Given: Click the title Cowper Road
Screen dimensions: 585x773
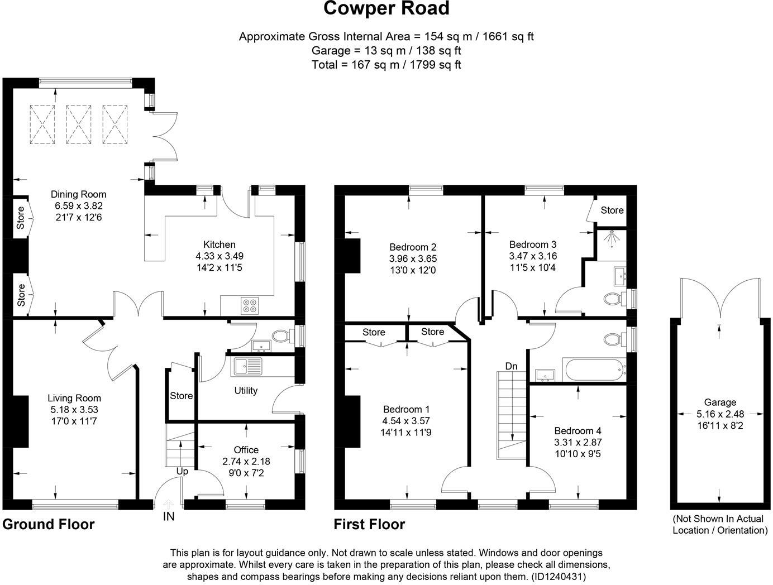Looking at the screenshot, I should pyautogui.click(x=386, y=9).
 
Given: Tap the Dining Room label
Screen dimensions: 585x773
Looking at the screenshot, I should pyautogui.click(x=78, y=195).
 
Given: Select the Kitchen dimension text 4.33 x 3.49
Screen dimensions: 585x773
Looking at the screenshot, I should pyautogui.click(x=219, y=256).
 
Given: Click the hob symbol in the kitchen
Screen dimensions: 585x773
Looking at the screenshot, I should pyautogui.click(x=250, y=305).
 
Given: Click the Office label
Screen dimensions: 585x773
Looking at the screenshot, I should pyautogui.click(x=246, y=450).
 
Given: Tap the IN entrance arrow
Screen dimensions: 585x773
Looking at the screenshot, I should pyautogui.click(x=169, y=504).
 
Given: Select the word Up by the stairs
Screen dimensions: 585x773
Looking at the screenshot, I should pyautogui.click(x=182, y=472).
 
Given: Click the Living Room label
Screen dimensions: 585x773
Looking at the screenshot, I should pyautogui.click(x=74, y=399).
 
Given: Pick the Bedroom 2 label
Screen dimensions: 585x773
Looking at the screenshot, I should pyautogui.click(x=413, y=247).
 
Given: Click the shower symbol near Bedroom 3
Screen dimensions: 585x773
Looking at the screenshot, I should pyautogui.click(x=612, y=238).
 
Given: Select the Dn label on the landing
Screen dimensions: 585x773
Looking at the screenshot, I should pyautogui.click(x=511, y=367).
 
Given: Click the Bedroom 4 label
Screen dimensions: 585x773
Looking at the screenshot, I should pyautogui.click(x=578, y=431).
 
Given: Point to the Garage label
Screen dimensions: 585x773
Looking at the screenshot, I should pyautogui.click(x=720, y=402).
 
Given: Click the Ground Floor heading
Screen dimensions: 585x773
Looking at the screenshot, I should pyautogui.click(x=49, y=525).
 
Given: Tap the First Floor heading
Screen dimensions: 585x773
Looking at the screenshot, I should pyautogui.click(x=369, y=525).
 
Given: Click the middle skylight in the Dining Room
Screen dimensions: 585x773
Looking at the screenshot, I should pyautogui.click(x=79, y=124).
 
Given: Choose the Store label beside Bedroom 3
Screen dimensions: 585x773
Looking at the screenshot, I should pyautogui.click(x=612, y=210).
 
